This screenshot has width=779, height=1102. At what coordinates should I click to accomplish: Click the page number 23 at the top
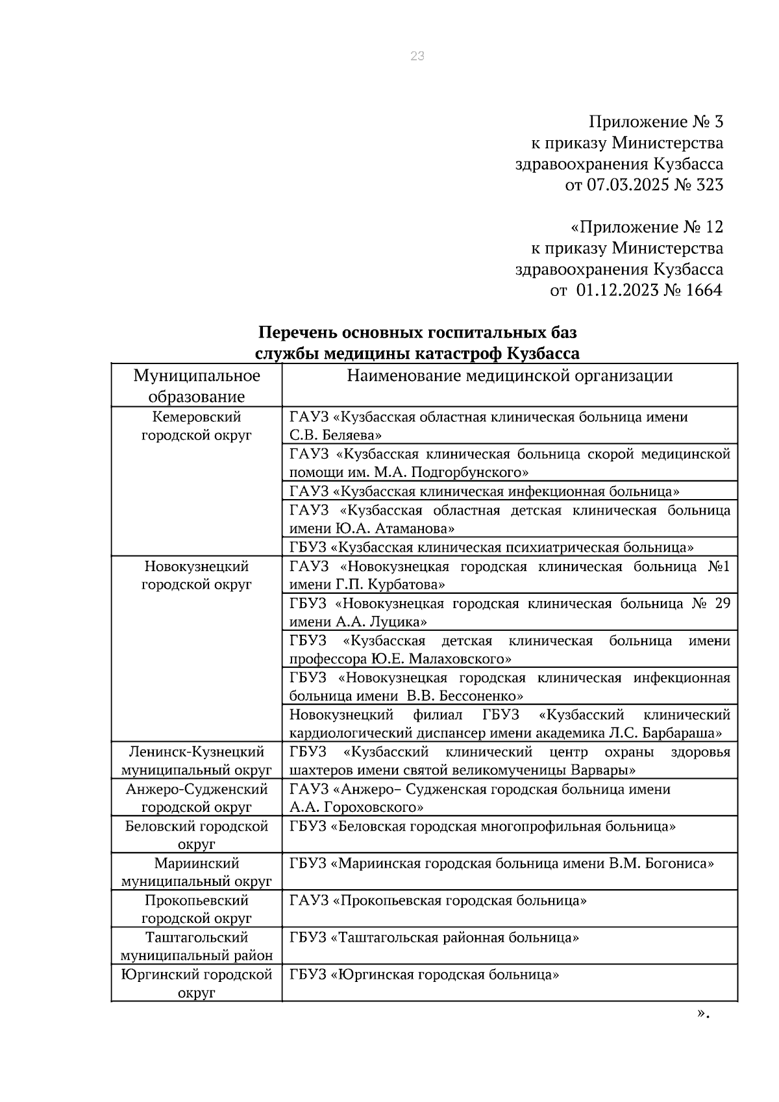(x=417, y=56)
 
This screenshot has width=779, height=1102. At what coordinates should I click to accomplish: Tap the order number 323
(x=709, y=185)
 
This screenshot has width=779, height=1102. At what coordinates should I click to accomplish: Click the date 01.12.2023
(x=616, y=290)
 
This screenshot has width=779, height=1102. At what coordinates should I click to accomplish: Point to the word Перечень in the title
(x=292, y=333)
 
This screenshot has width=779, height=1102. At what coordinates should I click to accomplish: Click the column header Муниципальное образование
(x=197, y=386)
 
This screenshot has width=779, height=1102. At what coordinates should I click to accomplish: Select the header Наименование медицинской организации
(x=510, y=376)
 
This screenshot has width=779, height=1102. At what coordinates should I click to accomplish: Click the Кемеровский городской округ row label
(x=197, y=426)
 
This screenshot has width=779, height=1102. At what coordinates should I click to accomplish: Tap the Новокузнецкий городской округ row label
(x=197, y=575)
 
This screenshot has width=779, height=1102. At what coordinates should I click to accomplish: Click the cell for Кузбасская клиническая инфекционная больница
(x=484, y=491)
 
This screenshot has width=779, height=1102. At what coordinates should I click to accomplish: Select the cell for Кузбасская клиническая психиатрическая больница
(x=491, y=547)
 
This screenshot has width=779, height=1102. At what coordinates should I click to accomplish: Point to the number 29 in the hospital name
(x=722, y=604)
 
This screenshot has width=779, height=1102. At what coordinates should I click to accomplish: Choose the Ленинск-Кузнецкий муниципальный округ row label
(x=197, y=761)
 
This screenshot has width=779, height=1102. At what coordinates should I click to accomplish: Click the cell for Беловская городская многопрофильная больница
(x=482, y=827)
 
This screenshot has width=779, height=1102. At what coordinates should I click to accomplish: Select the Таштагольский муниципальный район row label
(x=197, y=946)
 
